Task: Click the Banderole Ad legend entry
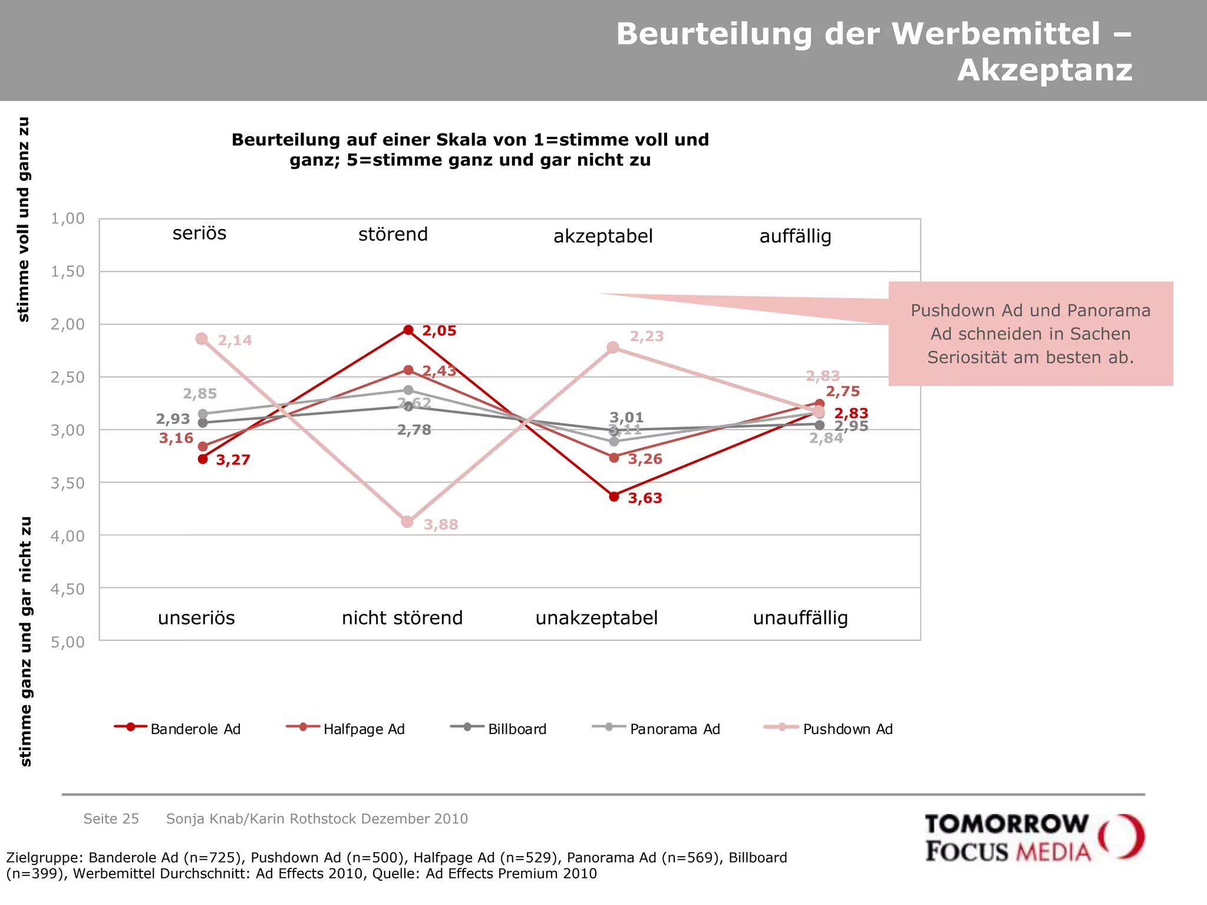(x=178, y=729)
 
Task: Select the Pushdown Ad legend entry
(x=828, y=729)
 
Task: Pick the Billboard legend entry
(x=499, y=729)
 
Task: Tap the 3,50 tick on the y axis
(x=68, y=483)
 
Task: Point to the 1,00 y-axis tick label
(x=68, y=219)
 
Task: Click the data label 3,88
(x=441, y=524)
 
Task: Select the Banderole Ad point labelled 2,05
(x=408, y=329)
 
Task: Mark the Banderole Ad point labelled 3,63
(x=614, y=497)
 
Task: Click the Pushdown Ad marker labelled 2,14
(x=202, y=339)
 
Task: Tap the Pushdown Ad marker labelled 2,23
(x=613, y=348)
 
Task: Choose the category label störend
(x=393, y=234)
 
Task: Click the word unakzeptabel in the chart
(x=596, y=618)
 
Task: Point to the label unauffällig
(x=800, y=618)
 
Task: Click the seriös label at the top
(x=199, y=233)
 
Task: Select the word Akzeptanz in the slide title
(x=1044, y=70)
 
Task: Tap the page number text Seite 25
(x=111, y=818)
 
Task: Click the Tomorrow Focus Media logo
(x=1034, y=838)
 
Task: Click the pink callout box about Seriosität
(x=1030, y=334)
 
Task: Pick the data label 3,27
(x=233, y=460)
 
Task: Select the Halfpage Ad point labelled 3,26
(x=614, y=458)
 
